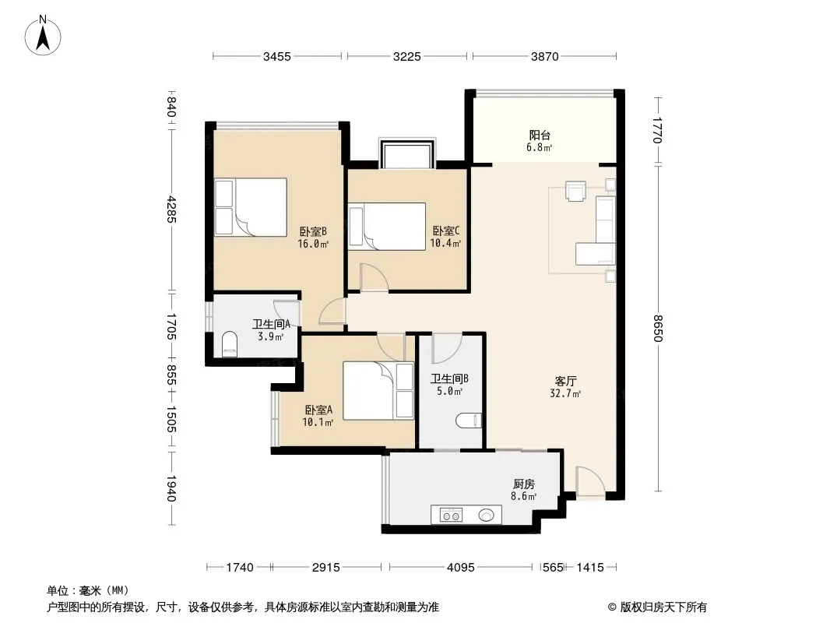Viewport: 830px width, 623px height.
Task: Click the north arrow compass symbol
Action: pos(43,36)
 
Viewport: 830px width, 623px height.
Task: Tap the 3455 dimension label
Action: pos(277,57)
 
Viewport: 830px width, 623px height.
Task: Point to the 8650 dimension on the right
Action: pos(657,328)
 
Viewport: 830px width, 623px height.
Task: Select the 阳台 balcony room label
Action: pos(540,136)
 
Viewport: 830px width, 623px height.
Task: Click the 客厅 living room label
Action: pos(565,381)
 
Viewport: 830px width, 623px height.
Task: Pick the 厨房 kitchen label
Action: pos(523,484)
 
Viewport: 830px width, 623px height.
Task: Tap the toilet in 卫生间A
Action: pos(229,344)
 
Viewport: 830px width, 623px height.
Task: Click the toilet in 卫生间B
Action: pos(470,421)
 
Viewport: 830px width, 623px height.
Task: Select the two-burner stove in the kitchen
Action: pos(452,515)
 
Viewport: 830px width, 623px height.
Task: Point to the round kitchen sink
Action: pos(487,515)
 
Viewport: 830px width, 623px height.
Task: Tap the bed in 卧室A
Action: pos(378,391)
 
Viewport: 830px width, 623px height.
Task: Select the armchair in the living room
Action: pos(575,191)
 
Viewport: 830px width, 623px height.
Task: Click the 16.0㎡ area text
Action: pos(313,244)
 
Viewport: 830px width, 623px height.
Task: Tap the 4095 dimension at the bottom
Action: pos(460,568)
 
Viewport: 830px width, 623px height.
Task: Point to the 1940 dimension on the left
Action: pos(171,488)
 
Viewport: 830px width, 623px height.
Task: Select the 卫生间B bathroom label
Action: pos(449,379)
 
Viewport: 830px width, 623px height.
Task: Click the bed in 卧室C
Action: pos(388,227)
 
